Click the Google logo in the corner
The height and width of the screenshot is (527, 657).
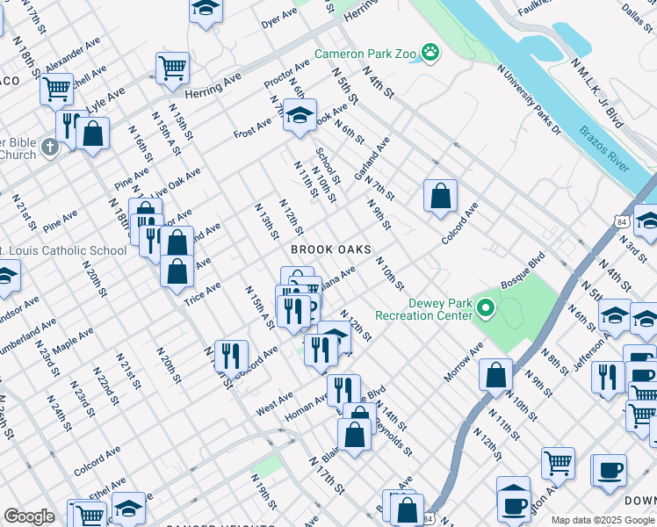click(29, 516)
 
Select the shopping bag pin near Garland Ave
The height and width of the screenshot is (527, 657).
click(440, 195)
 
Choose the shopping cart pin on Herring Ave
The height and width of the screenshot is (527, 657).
click(172, 67)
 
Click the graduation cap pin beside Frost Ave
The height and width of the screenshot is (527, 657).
click(300, 115)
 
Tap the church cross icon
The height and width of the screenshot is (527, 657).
click(49, 144)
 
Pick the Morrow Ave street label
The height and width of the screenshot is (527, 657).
click(463, 362)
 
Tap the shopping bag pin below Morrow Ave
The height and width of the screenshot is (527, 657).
click(495, 374)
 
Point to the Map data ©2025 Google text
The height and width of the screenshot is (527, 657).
click(602, 520)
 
